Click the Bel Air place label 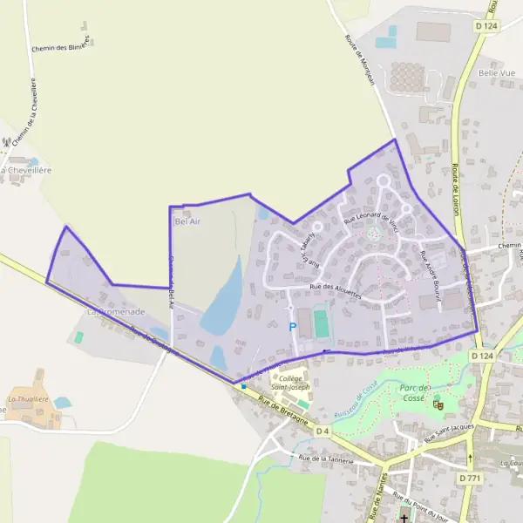[187, 221]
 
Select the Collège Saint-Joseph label [289, 383]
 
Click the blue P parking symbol [293, 327]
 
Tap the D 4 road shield [323, 431]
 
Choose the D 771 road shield [468, 479]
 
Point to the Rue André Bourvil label [431, 272]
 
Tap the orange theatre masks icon [438, 404]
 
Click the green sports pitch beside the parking [322, 323]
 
